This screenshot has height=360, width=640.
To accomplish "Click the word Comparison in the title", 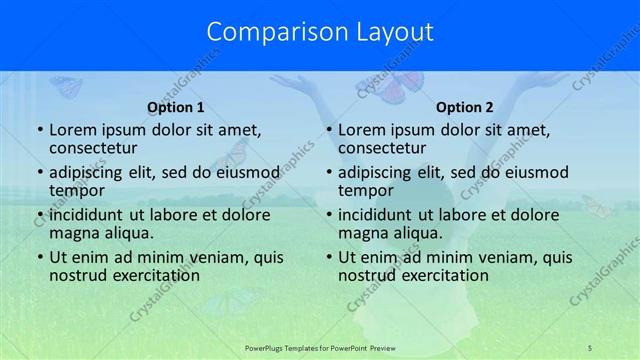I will point(267,32).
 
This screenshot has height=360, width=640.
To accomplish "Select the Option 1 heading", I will point(176,107).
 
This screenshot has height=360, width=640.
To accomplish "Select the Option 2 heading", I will point(465,107).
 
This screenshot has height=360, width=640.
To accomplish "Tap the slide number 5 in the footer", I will point(590,346).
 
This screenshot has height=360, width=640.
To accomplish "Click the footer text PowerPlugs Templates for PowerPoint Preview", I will point(320,346).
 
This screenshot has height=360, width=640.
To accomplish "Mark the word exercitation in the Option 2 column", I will point(442,275).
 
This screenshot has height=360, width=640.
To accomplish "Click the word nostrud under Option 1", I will point(78,275).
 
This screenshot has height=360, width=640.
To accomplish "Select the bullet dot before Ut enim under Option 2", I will point(328,258).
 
